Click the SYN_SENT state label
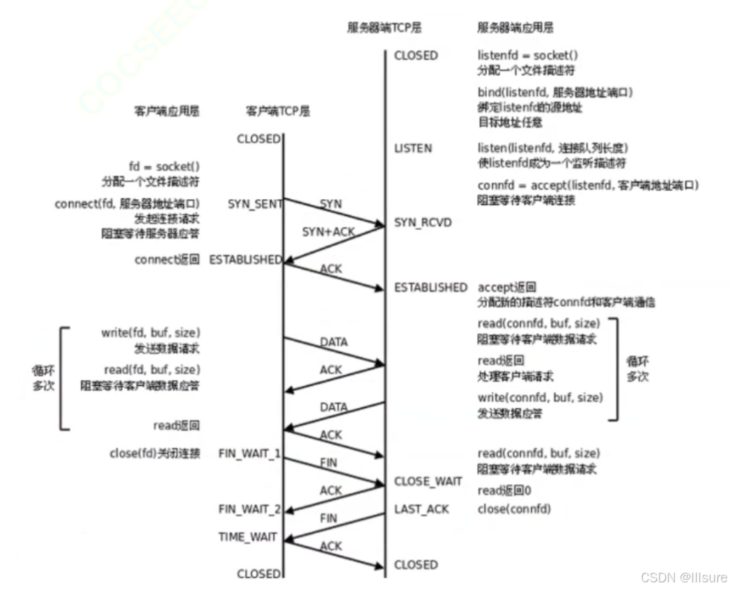[x=255, y=203]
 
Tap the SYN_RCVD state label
[x=423, y=222]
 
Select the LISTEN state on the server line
[x=413, y=148]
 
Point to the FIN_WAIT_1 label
[x=249, y=453]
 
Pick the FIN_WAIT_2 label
[x=249, y=509]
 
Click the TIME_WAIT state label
[x=247, y=537]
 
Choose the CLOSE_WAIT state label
[x=428, y=481]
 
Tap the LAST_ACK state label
[x=421, y=509]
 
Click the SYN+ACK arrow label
[x=328, y=231]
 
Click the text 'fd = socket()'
[x=164, y=166]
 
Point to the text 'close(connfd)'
[x=514, y=509]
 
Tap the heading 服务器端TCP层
[x=385, y=29]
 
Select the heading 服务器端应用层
[x=515, y=29]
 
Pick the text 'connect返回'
[x=167, y=259]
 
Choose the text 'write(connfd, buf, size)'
[x=540, y=397]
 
